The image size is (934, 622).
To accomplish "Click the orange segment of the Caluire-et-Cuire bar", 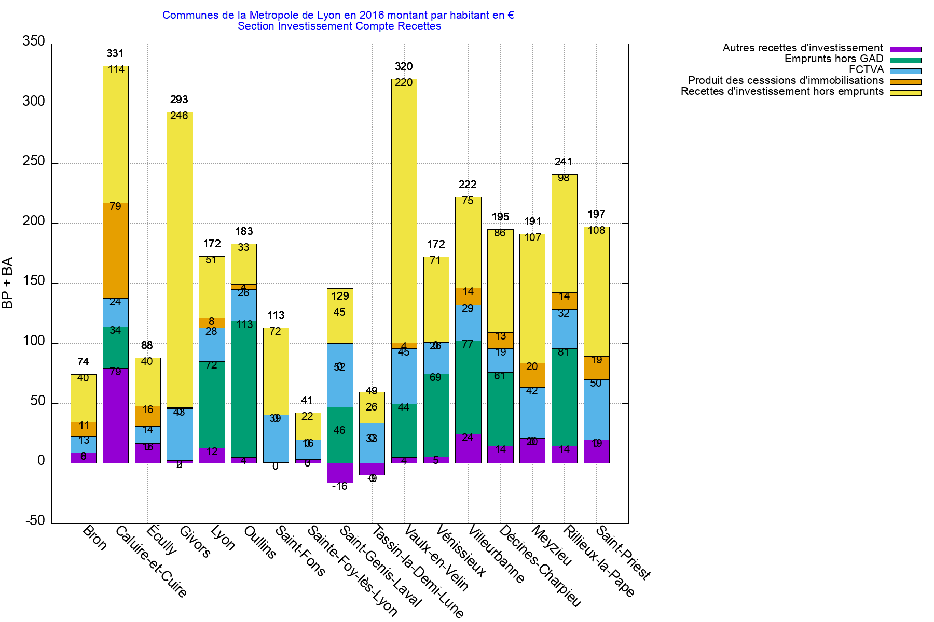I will [x=115, y=250].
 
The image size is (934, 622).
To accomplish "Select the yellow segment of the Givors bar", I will [x=180, y=259].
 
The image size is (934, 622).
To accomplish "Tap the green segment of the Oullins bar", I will [x=244, y=389].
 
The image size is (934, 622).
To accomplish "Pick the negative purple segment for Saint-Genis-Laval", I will [x=340, y=473].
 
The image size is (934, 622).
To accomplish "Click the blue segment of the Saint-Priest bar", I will [x=597, y=409].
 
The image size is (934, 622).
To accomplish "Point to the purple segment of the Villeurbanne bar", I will [x=468, y=448].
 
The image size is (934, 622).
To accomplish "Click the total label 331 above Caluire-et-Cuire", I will [x=115, y=53].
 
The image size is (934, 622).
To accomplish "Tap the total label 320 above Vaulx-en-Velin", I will [x=404, y=66].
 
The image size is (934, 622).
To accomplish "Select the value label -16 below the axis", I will [x=340, y=486].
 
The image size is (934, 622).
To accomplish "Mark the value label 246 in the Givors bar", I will [x=179, y=116].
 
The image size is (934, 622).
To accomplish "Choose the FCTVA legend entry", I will [x=866, y=69].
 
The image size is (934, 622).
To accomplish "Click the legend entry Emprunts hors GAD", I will [x=834, y=59].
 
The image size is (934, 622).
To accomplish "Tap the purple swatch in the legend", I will [x=905, y=49].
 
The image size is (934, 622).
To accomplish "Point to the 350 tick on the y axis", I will [x=34, y=41].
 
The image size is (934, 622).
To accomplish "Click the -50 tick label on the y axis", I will [x=35, y=521].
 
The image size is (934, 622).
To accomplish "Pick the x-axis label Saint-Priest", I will [x=623, y=553].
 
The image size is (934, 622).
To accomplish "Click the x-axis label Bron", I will [x=95, y=538].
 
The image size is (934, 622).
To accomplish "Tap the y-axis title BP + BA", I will [x=7, y=283].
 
